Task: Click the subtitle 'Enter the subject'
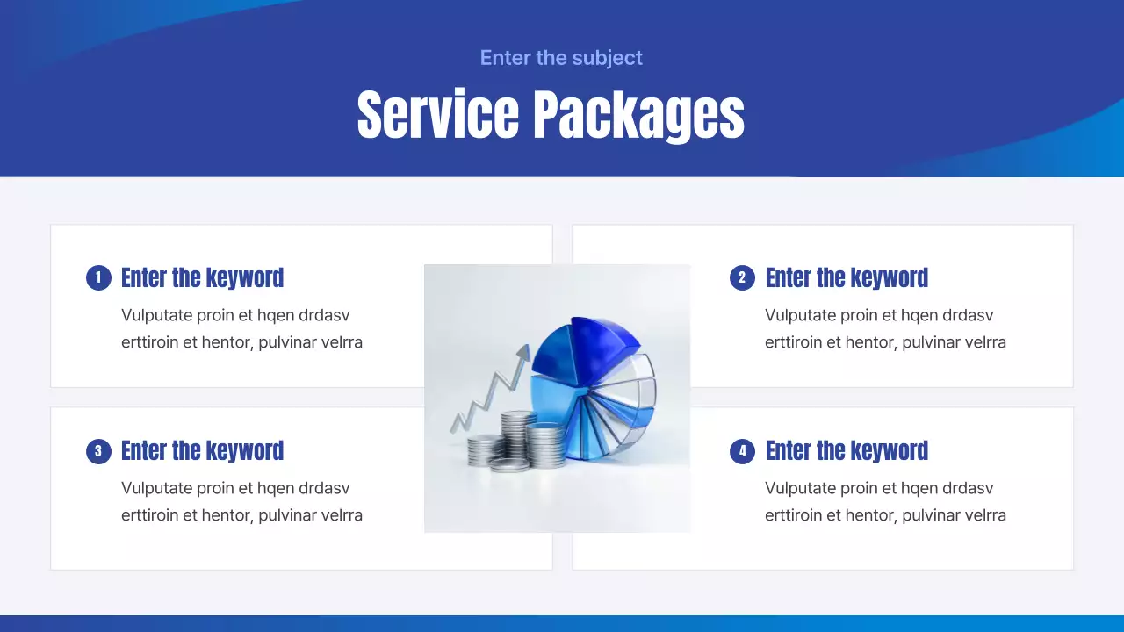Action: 561,58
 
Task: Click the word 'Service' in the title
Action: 438,115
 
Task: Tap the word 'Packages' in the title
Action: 639,115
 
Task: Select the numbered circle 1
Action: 98,278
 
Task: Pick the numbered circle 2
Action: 742,278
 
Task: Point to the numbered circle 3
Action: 98,452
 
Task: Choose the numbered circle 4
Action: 742,452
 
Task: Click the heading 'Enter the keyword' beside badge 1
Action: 202,278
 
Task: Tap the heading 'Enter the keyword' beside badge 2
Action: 847,278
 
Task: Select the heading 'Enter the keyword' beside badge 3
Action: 202,451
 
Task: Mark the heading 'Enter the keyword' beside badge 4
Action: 847,451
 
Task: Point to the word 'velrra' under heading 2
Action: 981,342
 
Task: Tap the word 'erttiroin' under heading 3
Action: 149,515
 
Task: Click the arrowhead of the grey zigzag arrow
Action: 523,353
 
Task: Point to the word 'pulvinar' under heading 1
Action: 287,342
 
